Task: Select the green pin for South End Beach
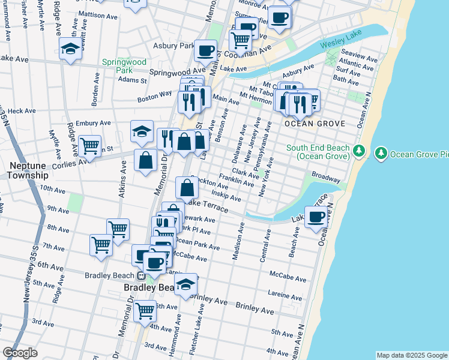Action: click(x=359, y=150)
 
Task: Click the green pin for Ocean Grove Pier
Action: click(x=381, y=154)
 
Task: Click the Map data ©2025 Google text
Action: click(x=412, y=355)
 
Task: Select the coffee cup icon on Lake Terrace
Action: click(x=316, y=217)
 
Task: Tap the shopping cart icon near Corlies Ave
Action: click(x=89, y=145)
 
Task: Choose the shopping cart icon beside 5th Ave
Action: click(x=145, y=310)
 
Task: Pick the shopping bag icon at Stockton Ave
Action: click(x=187, y=187)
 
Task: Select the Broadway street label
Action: click(x=326, y=179)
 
